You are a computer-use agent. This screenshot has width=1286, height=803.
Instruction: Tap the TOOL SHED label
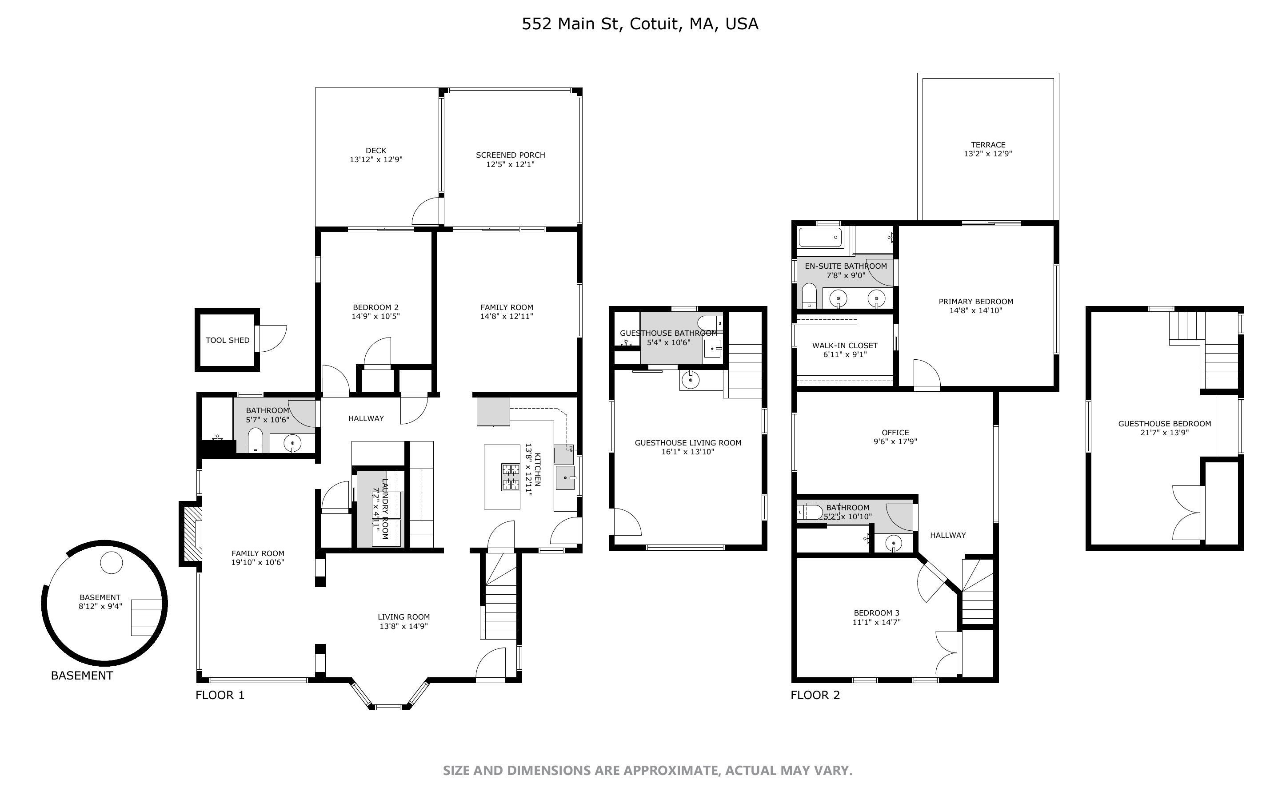[228, 340]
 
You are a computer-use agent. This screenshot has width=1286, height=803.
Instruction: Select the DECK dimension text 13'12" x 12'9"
[375, 159]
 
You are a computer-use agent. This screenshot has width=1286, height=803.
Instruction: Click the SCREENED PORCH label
[510, 155]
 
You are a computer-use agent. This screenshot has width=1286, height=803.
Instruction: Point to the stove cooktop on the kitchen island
[511, 477]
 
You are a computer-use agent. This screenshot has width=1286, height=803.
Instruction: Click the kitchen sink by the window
[565, 477]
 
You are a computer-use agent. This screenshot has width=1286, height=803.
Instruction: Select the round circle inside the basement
[112, 562]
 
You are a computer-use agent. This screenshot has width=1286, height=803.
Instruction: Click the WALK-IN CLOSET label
[845, 346]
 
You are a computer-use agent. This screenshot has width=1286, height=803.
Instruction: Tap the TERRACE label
[988, 144]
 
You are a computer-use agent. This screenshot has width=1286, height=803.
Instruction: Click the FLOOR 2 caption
[815, 695]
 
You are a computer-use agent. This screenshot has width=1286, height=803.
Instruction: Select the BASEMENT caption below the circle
[82, 676]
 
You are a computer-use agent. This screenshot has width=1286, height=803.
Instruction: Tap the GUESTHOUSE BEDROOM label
[1164, 424]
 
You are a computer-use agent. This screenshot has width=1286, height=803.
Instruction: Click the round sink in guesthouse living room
[690, 380]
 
